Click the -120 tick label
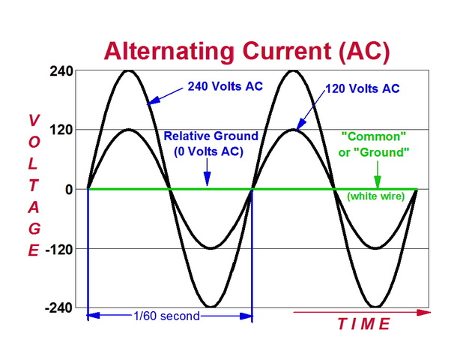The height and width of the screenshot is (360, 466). pos(59,248)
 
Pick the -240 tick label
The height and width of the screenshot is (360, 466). pos(59,307)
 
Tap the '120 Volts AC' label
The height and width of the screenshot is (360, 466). pos(362,89)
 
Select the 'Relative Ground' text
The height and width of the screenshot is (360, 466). pos(211,136)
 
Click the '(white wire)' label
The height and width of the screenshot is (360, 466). pos(375,196)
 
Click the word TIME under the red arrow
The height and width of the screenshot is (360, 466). pos(363,324)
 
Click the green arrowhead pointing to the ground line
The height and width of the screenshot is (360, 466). pos(378,182)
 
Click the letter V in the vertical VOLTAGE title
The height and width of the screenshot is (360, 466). pos(34,120)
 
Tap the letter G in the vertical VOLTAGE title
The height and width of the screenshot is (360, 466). pos(34,228)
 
